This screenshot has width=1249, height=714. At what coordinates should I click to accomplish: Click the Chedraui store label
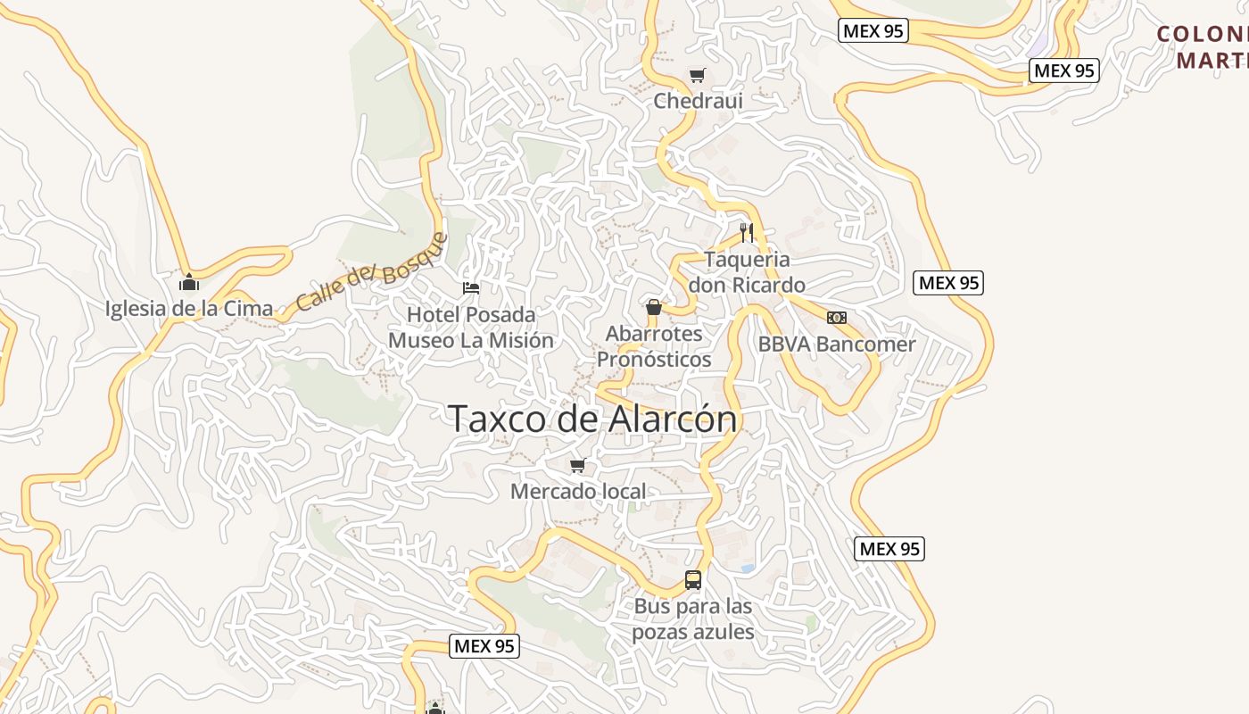point(698,101)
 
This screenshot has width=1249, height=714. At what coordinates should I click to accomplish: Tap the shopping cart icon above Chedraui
point(697,76)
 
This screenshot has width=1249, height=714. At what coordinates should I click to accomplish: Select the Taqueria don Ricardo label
point(747,272)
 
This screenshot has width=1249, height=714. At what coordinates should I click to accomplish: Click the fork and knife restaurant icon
point(747,233)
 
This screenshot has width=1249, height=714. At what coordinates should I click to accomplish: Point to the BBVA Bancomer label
point(837,345)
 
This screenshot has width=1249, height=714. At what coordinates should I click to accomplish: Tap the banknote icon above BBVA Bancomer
point(837,318)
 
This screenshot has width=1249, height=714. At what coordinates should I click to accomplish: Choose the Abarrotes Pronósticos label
point(654,346)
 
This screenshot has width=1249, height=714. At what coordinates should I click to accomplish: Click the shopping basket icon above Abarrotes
point(654,308)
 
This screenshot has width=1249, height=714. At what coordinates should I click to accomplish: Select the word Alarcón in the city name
point(674,419)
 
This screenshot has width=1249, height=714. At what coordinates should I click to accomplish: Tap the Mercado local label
point(578,492)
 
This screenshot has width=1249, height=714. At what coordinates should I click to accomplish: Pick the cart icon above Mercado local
point(577,466)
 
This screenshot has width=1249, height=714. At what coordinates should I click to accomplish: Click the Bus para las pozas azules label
point(693,619)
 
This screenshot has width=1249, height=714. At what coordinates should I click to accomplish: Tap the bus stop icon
point(693,580)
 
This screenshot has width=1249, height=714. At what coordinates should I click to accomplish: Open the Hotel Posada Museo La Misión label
point(471,328)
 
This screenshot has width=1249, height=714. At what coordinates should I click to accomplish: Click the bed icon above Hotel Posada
point(471,288)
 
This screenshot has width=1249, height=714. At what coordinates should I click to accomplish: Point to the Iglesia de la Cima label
point(189,309)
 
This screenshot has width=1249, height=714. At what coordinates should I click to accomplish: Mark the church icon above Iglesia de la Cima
point(189,284)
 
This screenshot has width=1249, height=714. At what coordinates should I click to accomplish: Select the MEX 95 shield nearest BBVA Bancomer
point(948,284)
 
